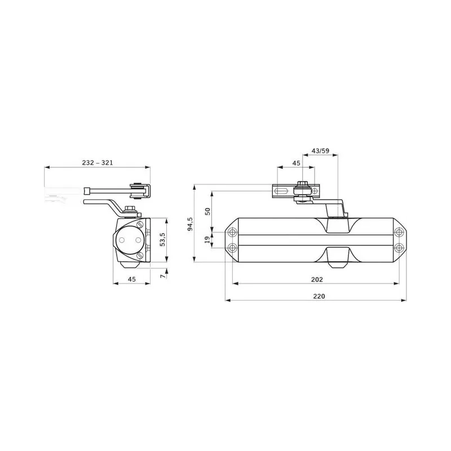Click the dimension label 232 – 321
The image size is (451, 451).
click(x=97, y=162)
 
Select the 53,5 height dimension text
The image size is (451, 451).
click(x=162, y=240)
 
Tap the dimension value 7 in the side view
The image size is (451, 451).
click(x=162, y=276)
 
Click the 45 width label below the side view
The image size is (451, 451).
click(x=132, y=279)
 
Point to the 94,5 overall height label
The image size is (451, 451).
click(x=191, y=224)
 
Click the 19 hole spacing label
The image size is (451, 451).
click(x=207, y=240)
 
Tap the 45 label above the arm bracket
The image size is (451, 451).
click(x=296, y=163)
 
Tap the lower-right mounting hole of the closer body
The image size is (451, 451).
click(x=399, y=247)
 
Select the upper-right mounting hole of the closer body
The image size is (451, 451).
click(x=399, y=232)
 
